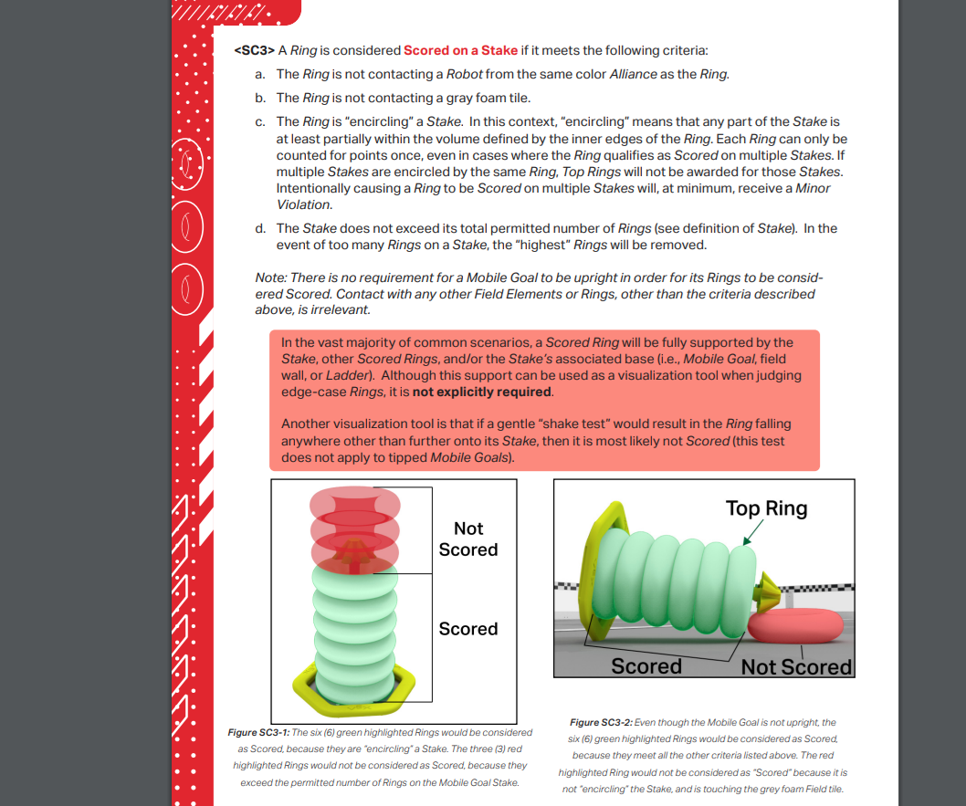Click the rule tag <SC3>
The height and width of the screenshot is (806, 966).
254,50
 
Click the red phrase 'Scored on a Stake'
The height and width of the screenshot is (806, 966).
460,50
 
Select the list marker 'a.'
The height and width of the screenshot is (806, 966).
260,74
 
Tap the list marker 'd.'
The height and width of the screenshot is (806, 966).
260,228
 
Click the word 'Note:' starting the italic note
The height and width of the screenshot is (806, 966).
270,277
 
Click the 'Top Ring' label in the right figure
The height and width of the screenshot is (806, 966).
766,508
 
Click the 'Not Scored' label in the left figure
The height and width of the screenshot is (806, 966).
468,539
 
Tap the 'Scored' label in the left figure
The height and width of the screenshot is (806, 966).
468,629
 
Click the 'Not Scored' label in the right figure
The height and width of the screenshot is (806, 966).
795,666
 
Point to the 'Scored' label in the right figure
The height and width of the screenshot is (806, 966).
646,666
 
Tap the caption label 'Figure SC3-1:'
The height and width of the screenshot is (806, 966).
257,733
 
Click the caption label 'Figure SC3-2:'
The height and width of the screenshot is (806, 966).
598,722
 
